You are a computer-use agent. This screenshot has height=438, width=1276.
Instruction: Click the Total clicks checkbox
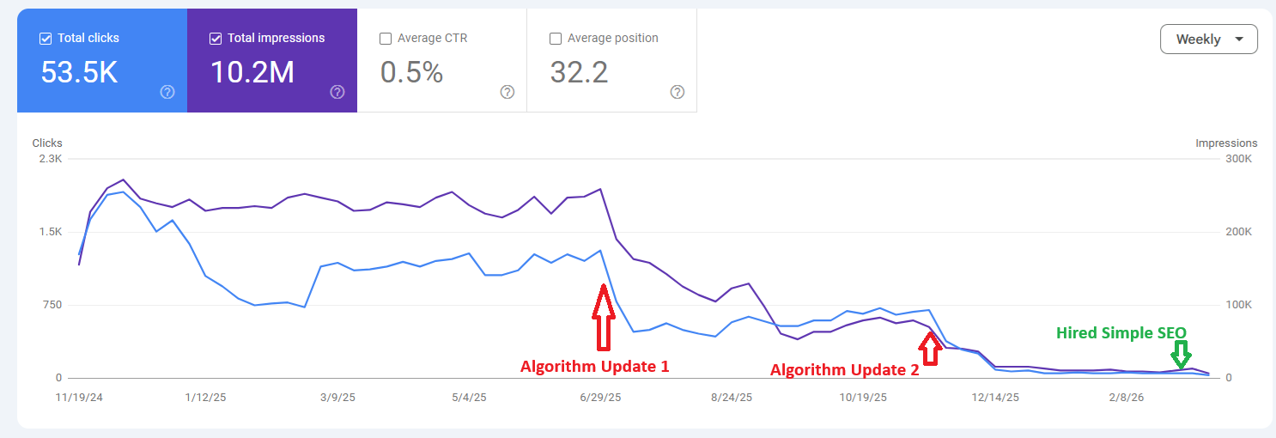pos(46,39)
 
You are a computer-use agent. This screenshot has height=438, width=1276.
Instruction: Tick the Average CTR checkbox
pos(386,39)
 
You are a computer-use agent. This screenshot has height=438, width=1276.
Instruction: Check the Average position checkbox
pos(556,39)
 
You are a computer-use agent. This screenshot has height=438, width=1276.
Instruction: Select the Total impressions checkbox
pos(216,39)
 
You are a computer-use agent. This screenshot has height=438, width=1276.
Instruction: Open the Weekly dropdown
pos(1208,40)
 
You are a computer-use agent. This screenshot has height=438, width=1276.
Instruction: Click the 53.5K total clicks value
pos(79,73)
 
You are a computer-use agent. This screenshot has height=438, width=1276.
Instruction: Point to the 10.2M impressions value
pos(252,73)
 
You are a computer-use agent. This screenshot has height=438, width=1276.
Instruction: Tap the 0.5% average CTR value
pos(411,73)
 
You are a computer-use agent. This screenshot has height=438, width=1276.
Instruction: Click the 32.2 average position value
pos(579,73)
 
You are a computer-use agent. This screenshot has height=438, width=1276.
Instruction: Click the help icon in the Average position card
pos(677,92)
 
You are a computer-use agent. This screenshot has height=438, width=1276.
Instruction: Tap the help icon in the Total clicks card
pos(167,92)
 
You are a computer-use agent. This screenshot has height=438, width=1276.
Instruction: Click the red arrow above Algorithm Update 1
pos(604,317)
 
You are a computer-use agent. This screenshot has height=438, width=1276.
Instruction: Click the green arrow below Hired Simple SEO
pos(1181,354)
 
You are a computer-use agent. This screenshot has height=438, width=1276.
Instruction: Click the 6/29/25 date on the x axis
pos(600,398)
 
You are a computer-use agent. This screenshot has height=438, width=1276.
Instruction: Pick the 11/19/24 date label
pos(80,398)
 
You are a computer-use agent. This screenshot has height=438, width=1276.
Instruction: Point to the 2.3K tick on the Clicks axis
pos(50,159)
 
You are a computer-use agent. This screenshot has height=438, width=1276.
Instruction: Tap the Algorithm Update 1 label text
pos(594,366)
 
